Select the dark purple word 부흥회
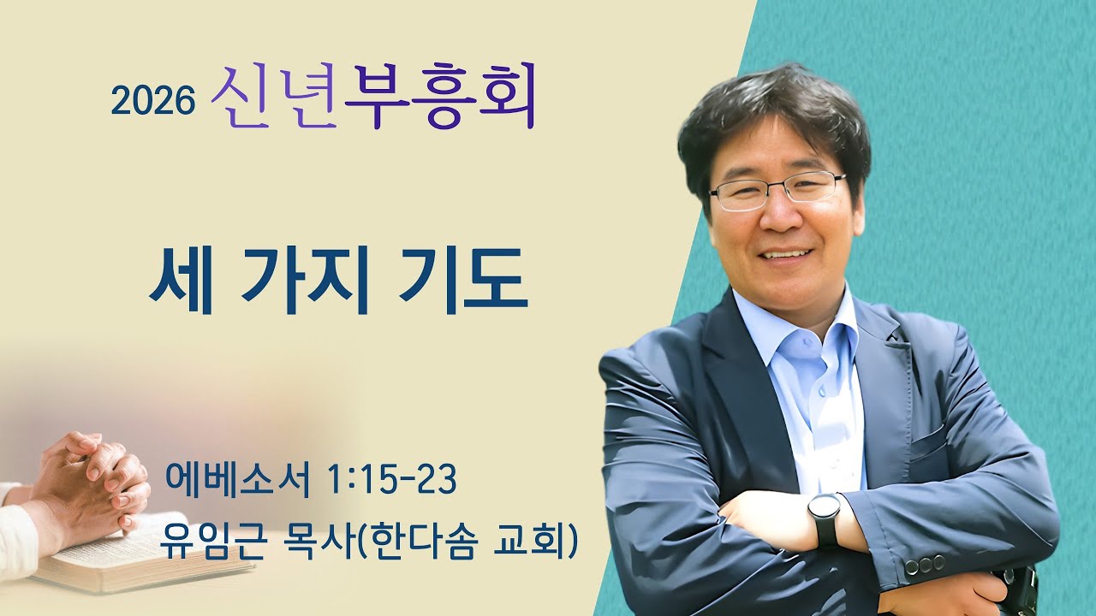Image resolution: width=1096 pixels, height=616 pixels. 439,97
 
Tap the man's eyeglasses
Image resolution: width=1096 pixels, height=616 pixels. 776,189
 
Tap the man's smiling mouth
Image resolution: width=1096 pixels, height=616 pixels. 787,254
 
